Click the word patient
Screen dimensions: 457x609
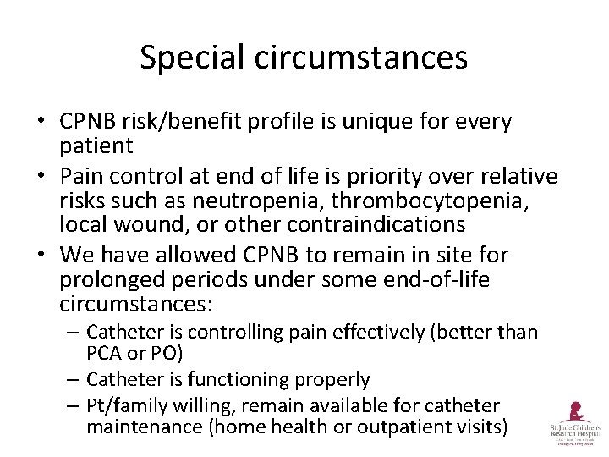point(96,146)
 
